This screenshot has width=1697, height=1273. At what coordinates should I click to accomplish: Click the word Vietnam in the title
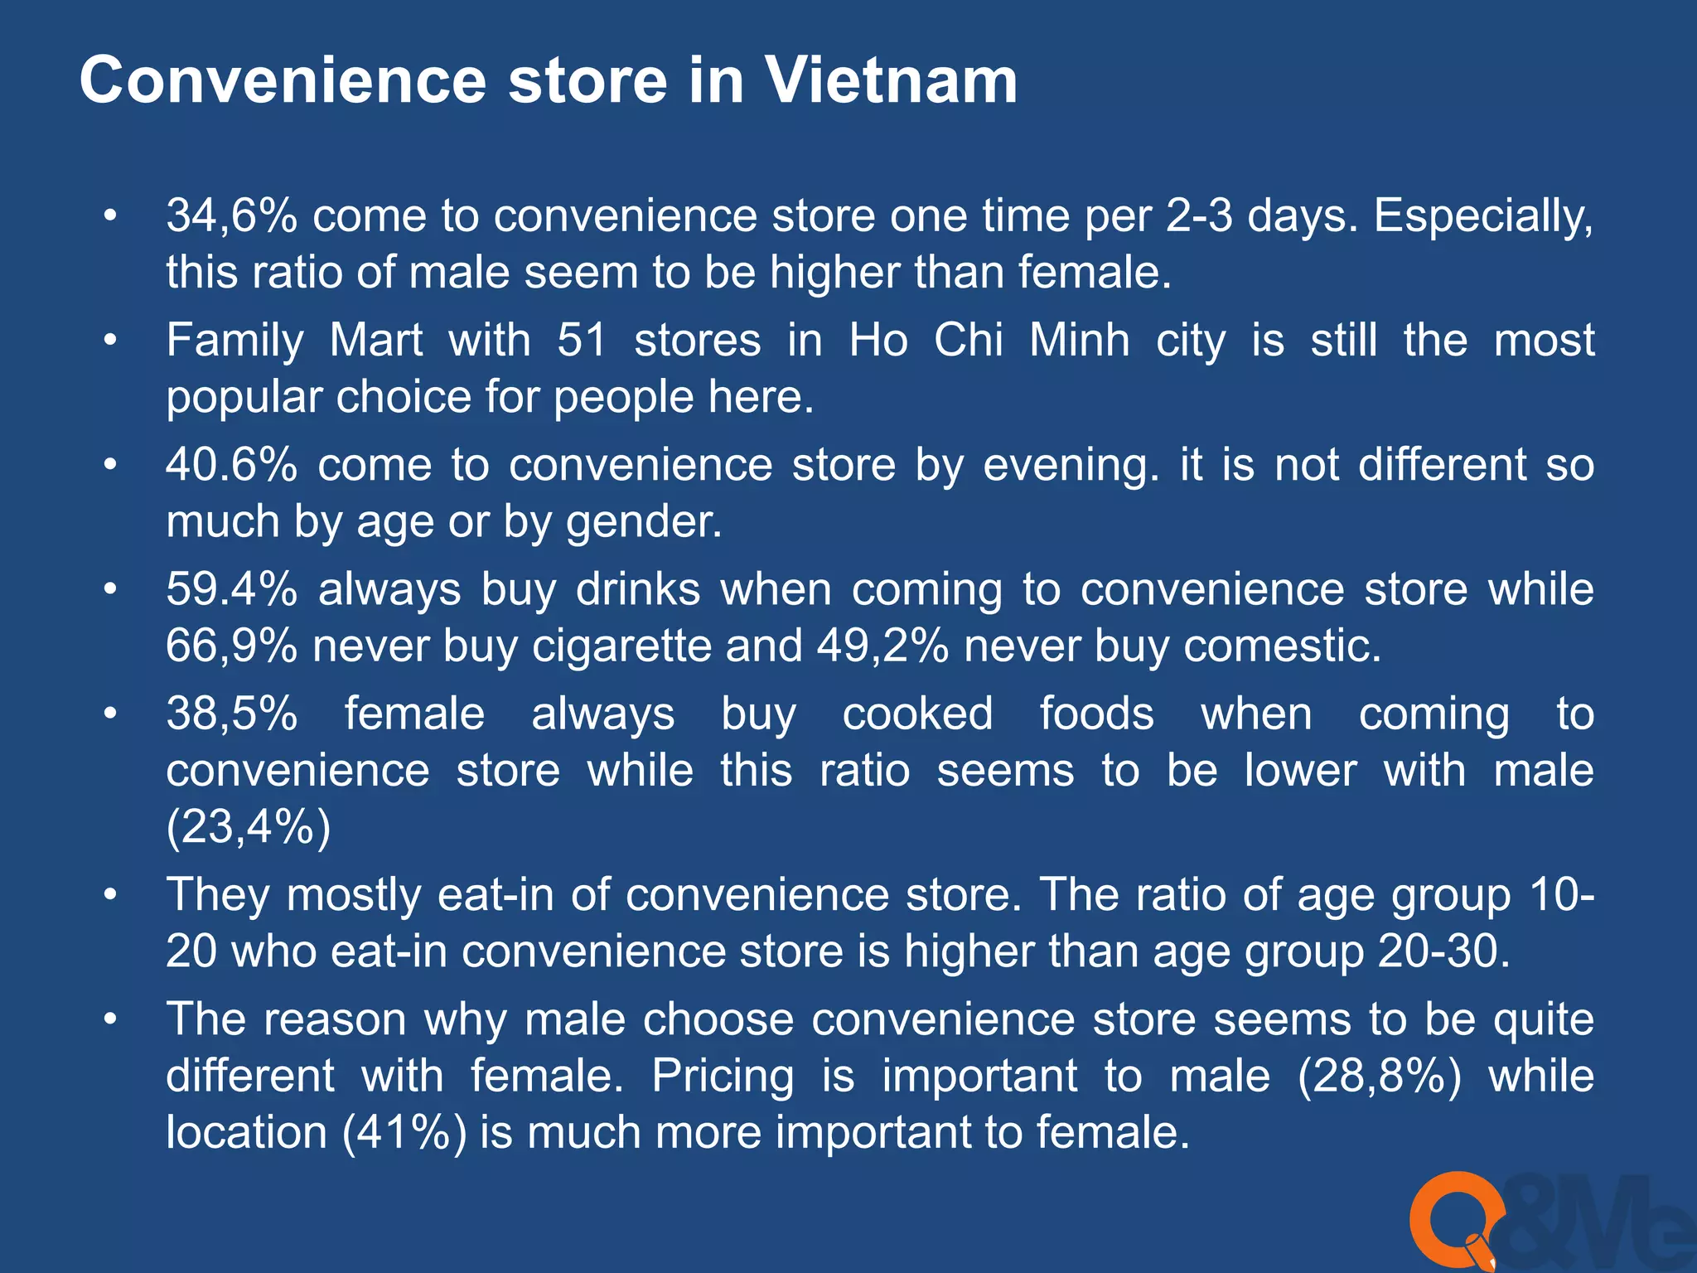pyautogui.click(x=890, y=80)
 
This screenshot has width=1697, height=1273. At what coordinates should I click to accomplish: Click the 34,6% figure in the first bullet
pyautogui.click(x=231, y=215)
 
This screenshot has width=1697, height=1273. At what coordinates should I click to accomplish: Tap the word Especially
pyautogui.click(x=1483, y=217)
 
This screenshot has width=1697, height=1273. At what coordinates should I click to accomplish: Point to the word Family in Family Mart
pyautogui.click(x=235, y=341)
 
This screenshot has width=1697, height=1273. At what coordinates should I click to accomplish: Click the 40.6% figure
pyautogui.click(x=231, y=464)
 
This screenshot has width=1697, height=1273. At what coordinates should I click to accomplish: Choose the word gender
pyautogui.click(x=644, y=522)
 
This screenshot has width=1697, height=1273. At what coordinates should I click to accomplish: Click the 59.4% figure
pyautogui.click(x=231, y=589)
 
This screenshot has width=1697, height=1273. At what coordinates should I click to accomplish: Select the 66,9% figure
pyautogui.click(x=231, y=646)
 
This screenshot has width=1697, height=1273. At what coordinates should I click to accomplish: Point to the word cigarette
pyautogui.click(x=621, y=646)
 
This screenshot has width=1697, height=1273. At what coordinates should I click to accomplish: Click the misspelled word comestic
pyautogui.click(x=1283, y=646)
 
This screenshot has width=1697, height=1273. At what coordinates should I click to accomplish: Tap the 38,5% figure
pyautogui.click(x=231, y=714)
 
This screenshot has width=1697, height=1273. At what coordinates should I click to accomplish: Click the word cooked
pyautogui.click(x=917, y=714)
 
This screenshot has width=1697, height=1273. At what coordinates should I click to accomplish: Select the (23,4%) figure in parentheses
pyautogui.click(x=249, y=826)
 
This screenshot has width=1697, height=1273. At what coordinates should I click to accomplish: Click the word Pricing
pyautogui.click(x=723, y=1076)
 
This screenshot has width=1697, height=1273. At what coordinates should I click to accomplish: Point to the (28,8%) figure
pyautogui.click(x=1380, y=1076)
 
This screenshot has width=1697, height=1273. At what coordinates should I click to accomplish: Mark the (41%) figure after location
pyautogui.click(x=405, y=1132)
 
